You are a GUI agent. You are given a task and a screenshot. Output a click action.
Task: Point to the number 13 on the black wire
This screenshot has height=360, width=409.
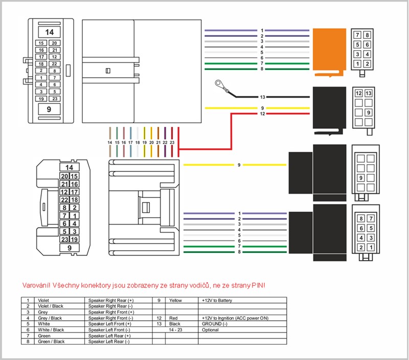pyautogui.click(x=262, y=97)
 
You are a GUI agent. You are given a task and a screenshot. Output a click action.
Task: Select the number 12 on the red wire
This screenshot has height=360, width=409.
pyautogui.click(x=262, y=114)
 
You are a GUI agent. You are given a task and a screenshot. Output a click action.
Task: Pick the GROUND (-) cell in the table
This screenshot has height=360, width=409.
pyautogui.click(x=214, y=324)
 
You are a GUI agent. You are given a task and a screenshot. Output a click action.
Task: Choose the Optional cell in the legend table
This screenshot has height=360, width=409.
pyautogui.click(x=210, y=330)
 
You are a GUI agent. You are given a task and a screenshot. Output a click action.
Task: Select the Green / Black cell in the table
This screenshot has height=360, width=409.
pyautogui.click(x=52, y=342)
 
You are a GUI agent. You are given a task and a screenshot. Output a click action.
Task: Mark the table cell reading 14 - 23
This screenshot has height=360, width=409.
pyautogui.click(x=176, y=330)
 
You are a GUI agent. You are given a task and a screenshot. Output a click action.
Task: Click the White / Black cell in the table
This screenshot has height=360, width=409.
pyautogui.click(x=51, y=330)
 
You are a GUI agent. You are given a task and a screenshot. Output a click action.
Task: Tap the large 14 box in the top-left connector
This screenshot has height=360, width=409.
pyautogui.click(x=50, y=32)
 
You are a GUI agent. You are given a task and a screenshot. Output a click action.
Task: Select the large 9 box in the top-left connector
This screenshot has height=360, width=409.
pyautogui.click(x=50, y=108)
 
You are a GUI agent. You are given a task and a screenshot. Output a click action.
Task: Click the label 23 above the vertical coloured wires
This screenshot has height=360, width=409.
pyautogui.click(x=172, y=142)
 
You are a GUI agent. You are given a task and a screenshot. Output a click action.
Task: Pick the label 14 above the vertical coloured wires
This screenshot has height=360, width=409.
pyautogui.click(x=109, y=142)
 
